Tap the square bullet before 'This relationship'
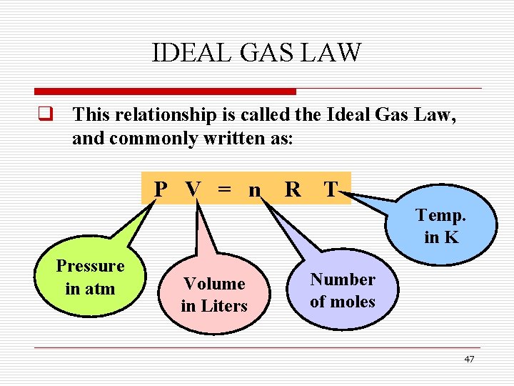click(x=49, y=114)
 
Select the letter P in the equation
click(x=161, y=189)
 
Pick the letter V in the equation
click(x=193, y=189)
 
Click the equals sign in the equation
click(x=224, y=190)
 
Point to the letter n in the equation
click(x=254, y=190)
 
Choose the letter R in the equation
click(x=292, y=189)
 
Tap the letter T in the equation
click(x=330, y=189)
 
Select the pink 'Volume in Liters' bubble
click(x=213, y=295)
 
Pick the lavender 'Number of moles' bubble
click(x=343, y=290)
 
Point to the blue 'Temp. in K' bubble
click(x=441, y=226)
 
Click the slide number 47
click(x=468, y=360)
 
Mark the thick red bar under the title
click(x=165, y=91)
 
